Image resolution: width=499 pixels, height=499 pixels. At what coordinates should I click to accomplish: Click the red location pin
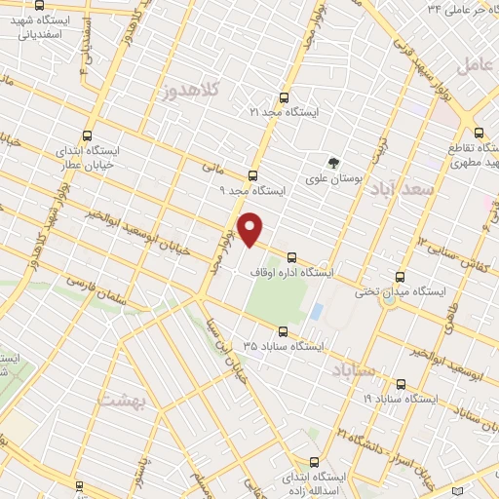click(251, 229)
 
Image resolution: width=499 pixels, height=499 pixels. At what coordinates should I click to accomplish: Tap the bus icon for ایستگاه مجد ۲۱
click(284, 97)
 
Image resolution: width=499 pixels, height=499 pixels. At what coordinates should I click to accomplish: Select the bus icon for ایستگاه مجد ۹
click(252, 175)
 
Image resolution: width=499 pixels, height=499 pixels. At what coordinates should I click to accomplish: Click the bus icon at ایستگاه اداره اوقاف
click(292, 256)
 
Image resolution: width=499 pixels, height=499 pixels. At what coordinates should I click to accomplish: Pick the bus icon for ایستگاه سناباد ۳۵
click(283, 330)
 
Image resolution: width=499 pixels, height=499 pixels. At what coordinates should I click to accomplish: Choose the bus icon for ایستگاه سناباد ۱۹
click(401, 384)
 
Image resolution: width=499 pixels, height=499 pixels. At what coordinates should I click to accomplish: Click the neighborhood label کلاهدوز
click(193, 91)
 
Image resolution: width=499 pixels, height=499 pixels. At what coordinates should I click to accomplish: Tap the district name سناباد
click(353, 371)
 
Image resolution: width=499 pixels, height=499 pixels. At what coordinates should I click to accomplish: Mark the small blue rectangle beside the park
click(316, 312)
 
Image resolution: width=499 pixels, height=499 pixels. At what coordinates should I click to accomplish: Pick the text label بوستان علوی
click(334, 179)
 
